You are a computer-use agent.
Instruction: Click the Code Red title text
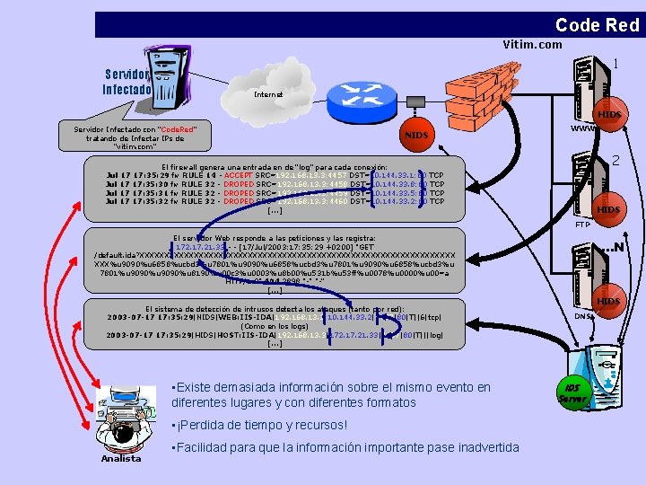click(x=597, y=25)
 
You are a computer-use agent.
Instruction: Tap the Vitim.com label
click(x=532, y=45)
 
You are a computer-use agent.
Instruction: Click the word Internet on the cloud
click(x=267, y=93)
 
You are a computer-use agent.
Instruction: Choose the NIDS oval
click(x=417, y=135)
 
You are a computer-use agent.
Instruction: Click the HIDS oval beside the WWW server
click(x=608, y=115)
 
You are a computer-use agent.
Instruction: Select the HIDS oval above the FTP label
click(x=608, y=209)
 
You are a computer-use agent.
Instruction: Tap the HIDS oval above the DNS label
click(x=608, y=301)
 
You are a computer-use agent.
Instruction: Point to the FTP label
click(x=582, y=225)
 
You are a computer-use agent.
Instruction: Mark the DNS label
click(x=583, y=316)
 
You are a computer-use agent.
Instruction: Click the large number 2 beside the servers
click(x=615, y=162)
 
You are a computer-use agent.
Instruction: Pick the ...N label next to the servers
click(x=614, y=246)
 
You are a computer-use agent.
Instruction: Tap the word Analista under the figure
click(x=121, y=459)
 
